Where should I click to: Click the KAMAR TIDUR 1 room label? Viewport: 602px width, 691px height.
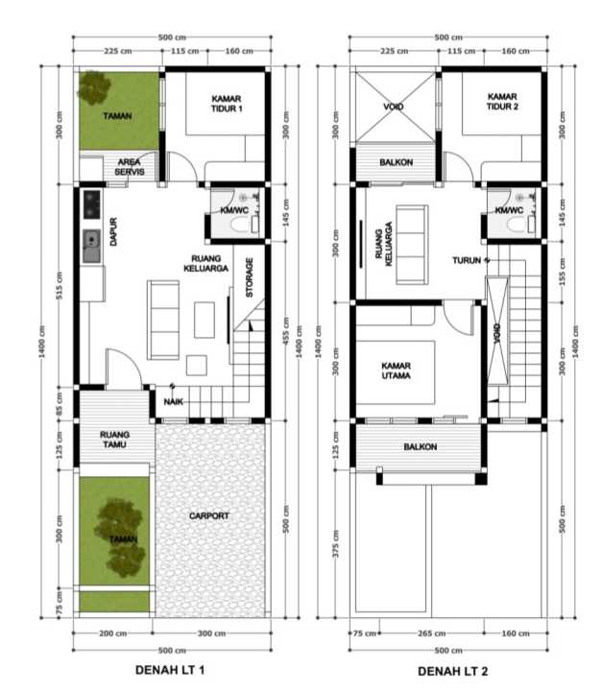(x=227, y=104)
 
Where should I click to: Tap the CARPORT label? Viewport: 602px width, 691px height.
(x=209, y=515)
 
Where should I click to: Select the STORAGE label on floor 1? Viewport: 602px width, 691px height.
(x=250, y=277)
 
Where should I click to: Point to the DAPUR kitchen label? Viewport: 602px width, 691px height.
(x=113, y=232)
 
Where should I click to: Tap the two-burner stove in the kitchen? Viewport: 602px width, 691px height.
(x=92, y=204)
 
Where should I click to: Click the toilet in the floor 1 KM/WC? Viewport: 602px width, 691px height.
(x=241, y=224)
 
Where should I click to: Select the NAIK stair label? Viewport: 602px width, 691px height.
(x=174, y=401)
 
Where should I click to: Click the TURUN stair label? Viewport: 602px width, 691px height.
(x=467, y=260)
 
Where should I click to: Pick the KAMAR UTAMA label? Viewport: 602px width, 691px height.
(x=396, y=370)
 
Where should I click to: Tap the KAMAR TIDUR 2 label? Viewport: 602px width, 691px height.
(x=502, y=102)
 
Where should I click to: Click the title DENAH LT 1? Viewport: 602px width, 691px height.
(x=170, y=670)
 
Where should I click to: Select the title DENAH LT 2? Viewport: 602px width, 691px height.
(x=453, y=671)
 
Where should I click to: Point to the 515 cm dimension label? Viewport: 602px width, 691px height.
(x=60, y=286)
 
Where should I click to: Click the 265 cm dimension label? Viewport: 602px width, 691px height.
(x=432, y=633)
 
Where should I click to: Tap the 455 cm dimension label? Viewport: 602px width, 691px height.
(x=286, y=330)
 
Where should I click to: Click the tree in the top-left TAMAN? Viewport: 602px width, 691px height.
(x=94, y=87)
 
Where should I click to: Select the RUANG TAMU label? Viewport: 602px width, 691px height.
(x=114, y=440)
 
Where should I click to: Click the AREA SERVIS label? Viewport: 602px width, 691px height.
(x=130, y=167)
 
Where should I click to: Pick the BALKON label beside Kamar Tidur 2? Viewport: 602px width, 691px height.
(x=396, y=162)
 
